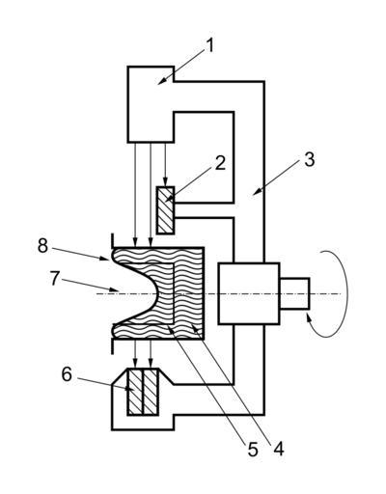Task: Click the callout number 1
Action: point(209,46)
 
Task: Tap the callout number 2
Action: point(220,163)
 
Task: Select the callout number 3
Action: point(309,160)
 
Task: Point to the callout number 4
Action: point(279,449)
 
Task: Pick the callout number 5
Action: point(253,450)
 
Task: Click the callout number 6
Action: point(67,374)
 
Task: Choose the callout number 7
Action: point(55,279)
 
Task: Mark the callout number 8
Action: point(42,246)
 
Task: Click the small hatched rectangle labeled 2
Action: point(166,210)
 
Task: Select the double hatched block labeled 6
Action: point(143,393)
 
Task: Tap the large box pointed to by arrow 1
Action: point(151,104)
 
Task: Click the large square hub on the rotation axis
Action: point(249,293)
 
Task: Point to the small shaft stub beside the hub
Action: point(294,293)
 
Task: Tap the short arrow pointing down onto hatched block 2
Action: point(165,164)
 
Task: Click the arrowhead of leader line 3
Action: point(256,192)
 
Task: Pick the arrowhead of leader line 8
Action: point(105,259)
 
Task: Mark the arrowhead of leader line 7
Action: point(115,289)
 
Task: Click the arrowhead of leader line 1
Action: point(161,81)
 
